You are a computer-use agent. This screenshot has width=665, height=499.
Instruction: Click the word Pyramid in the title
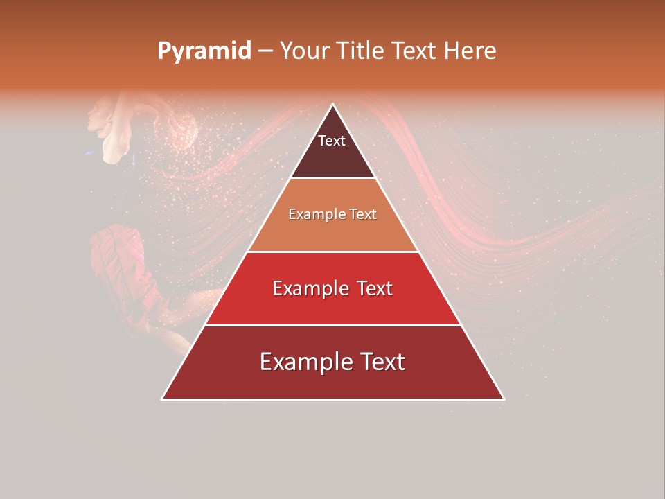tap(204, 51)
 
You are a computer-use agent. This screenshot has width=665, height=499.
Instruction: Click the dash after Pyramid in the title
tap(265, 51)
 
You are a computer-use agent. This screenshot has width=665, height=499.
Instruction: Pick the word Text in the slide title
tap(415, 51)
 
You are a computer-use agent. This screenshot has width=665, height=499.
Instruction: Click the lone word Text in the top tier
tap(332, 141)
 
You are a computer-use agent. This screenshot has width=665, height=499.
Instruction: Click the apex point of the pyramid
tap(332, 105)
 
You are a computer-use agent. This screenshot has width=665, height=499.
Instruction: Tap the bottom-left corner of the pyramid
tap(163, 399)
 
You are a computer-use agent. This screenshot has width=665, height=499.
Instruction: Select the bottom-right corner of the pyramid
tap(503, 399)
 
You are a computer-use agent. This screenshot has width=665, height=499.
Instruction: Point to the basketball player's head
tap(100, 114)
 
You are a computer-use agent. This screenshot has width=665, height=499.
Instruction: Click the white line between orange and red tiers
tap(332, 252)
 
